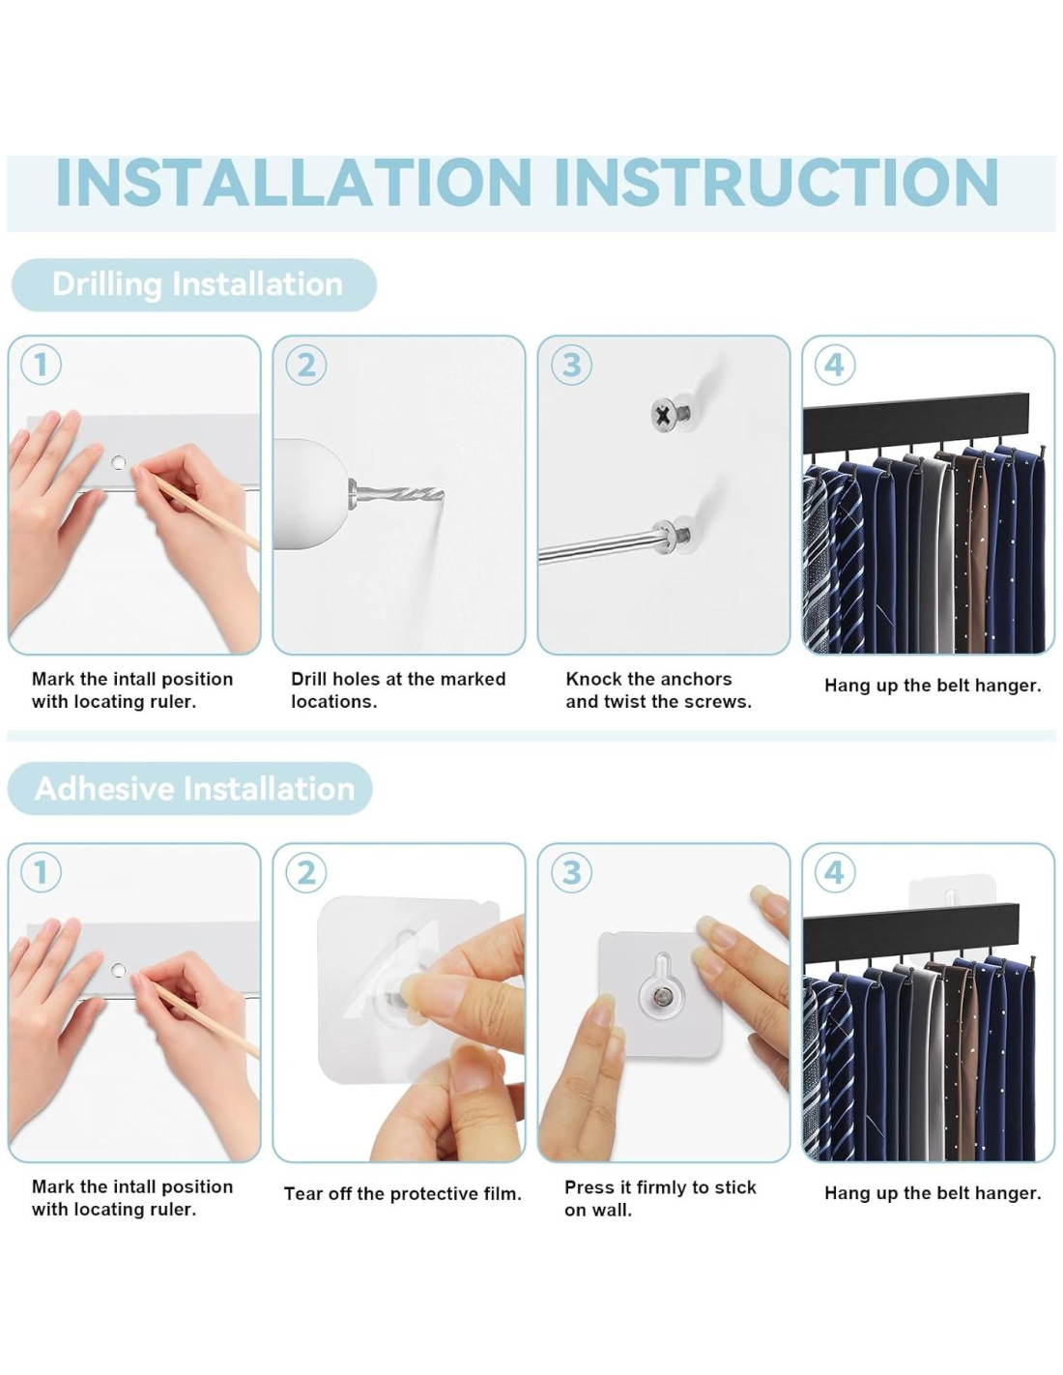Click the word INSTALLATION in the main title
point(294,182)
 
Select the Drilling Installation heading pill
point(194,284)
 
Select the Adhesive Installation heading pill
point(189,788)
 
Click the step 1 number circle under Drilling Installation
point(41,366)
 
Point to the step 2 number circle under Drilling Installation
point(306,366)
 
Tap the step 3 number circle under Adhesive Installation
point(572,872)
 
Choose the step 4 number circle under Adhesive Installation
point(835,872)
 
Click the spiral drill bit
point(397,493)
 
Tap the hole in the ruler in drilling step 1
point(118,462)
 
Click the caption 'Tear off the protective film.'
point(403,1193)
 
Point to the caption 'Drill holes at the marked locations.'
point(398,689)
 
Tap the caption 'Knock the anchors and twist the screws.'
point(659,689)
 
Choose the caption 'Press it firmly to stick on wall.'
point(660,1198)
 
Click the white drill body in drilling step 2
point(308,494)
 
